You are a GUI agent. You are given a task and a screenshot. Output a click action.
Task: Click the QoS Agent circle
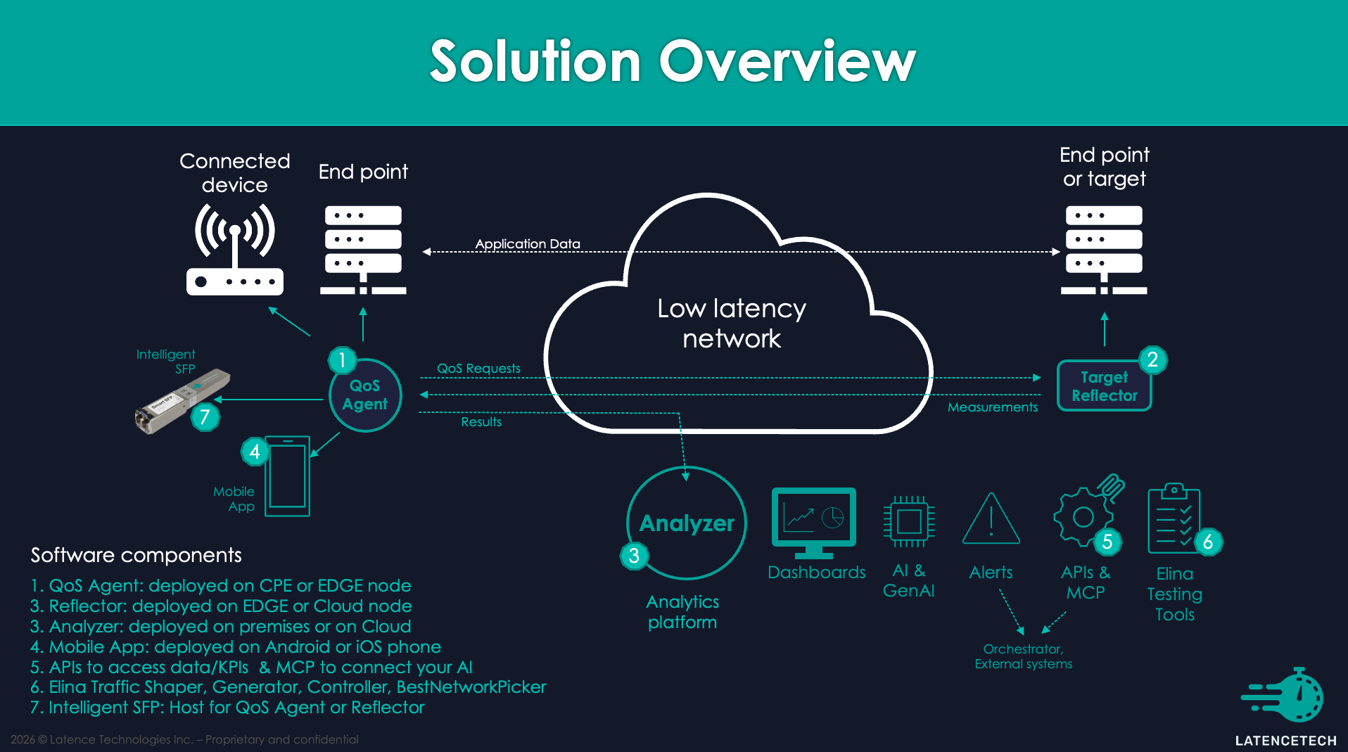point(365,395)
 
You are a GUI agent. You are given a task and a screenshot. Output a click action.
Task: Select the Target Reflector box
point(1104,386)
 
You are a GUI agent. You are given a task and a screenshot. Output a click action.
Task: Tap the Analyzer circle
point(686,523)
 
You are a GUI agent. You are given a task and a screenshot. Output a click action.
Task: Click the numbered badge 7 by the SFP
point(205,417)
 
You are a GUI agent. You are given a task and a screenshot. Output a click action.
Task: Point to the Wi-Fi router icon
point(234,250)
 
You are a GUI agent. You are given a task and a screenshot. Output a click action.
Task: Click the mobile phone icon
point(287,476)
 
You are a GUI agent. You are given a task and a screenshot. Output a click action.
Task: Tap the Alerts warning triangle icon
point(991,520)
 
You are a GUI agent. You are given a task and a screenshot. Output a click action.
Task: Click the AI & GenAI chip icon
point(909,521)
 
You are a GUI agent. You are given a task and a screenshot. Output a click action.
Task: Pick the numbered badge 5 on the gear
point(1107,542)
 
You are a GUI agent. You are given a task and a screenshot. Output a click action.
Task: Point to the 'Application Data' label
point(528,243)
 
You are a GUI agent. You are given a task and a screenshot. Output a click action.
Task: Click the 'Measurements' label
point(992,407)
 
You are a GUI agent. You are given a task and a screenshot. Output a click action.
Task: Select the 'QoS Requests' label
point(478,369)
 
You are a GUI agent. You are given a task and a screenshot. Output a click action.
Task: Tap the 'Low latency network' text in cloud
point(732,324)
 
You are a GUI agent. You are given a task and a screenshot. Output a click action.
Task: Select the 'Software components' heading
point(136,555)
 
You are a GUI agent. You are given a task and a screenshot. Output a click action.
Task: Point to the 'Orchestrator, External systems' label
point(1023,656)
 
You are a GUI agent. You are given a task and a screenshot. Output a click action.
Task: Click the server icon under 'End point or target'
point(1103,250)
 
